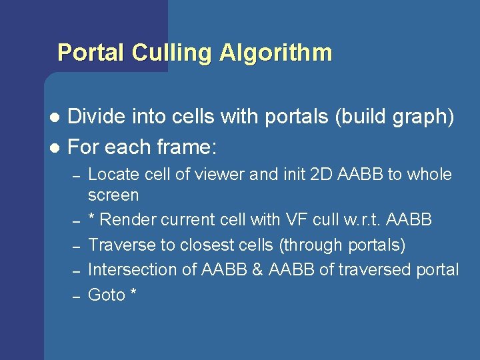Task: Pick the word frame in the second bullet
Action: (x=183, y=145)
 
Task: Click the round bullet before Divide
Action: (x=55, y=118)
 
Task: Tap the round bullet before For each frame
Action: (x=55, y=146)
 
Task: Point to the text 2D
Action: (x=322, y=175)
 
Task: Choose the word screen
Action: (x=113, y=196)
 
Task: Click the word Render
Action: (x=129, y=220)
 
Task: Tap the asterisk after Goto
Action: (x=133, y=293)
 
